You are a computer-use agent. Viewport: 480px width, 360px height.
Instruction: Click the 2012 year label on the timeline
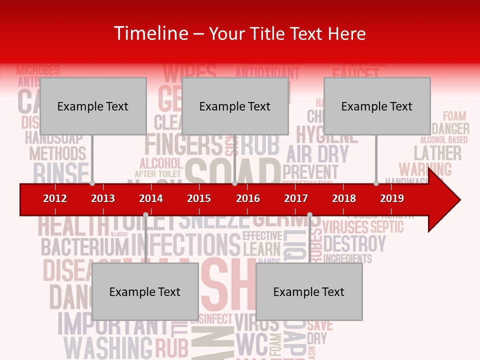[55, 198]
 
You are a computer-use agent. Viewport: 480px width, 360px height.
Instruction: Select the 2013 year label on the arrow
[103, 198]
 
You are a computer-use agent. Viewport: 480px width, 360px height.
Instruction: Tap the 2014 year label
[151, 198]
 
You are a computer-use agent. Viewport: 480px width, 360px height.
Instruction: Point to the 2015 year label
[199, 198]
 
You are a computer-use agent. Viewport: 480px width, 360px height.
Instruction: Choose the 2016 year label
[248, 198]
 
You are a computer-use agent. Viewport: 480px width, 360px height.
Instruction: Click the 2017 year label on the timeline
[296, 198]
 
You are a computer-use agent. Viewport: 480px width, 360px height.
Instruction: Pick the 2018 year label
[344, 198]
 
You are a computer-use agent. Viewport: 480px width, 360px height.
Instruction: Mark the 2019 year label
[392, 198]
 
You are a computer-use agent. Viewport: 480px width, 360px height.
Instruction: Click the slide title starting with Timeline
[240, 33]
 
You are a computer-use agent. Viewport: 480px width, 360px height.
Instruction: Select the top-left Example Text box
[93, 106]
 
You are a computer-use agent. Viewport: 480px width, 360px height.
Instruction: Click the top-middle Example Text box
[235, 106]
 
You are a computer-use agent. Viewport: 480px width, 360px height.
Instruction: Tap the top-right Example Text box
[377, 106]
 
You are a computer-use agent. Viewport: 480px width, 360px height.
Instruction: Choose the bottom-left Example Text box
[145, 291]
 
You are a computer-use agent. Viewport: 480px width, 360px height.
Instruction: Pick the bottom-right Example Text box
[309, 291]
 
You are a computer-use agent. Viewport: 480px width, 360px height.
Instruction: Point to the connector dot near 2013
[92, 183]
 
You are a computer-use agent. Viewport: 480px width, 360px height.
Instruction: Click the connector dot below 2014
[145, 214]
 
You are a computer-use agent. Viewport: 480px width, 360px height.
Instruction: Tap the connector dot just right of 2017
[309, 214]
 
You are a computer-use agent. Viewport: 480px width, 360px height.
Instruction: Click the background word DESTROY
[354, 244]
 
